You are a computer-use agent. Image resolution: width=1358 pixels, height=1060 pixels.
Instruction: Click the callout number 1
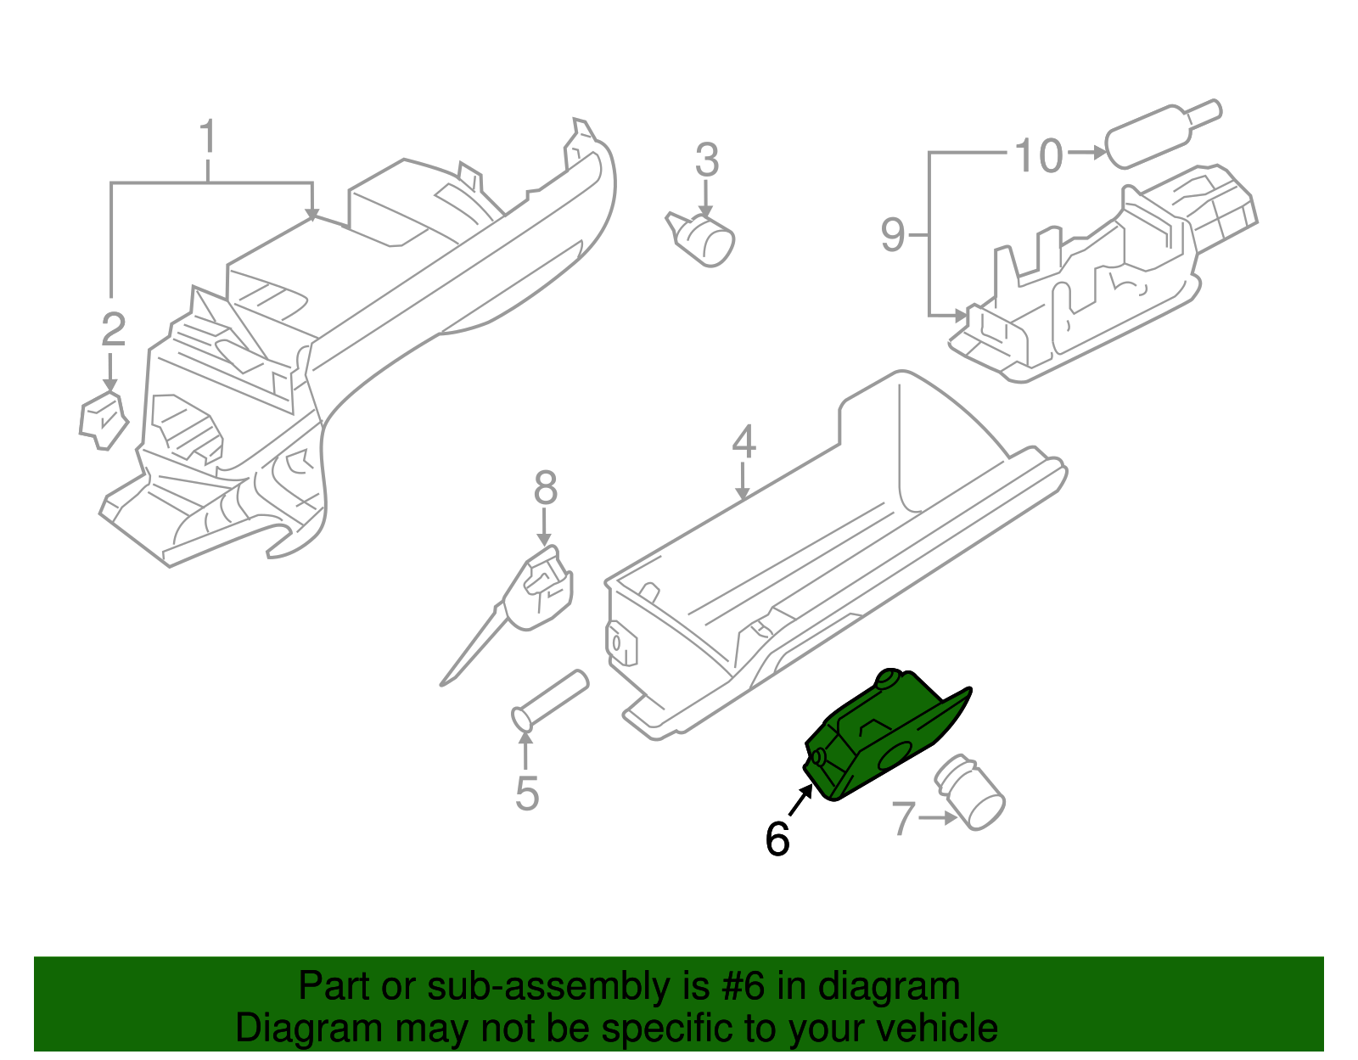coord(208,138)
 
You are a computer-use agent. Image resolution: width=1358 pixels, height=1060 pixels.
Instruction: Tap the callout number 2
coord(113,330)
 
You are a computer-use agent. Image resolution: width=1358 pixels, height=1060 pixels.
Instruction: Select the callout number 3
coord(706,160)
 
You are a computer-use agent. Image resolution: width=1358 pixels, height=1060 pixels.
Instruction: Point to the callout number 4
coord(744,442)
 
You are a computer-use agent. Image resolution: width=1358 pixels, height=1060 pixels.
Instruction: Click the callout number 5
coord(527,794)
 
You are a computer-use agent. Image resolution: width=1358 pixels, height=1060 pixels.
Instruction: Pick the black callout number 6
coord(777,838)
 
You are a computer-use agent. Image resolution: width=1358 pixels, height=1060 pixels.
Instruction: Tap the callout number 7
coord(903,819)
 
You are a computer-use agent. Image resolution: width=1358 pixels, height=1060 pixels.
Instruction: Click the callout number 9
coord(893,234)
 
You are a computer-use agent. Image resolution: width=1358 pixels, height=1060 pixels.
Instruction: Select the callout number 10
coord(1039,156)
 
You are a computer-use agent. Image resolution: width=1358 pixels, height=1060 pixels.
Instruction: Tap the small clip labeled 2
coord(103,419)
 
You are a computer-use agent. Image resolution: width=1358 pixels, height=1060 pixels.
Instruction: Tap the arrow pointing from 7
coord(938,819)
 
